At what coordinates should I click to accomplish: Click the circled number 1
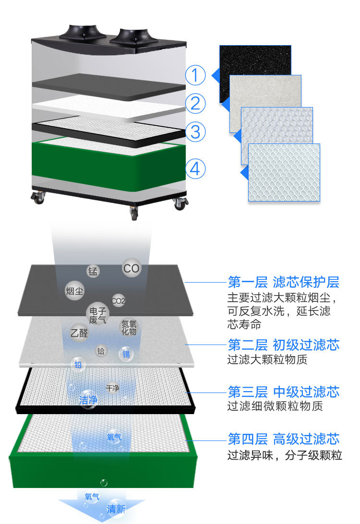point(195,75)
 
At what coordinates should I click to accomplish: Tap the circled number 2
point(195,103)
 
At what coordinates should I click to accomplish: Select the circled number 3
point(195,131)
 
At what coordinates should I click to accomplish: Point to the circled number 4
point(195,168)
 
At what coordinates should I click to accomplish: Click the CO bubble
point(131,268)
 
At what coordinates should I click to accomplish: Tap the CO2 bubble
point(118,301)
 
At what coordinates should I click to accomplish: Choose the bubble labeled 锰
point(93,271)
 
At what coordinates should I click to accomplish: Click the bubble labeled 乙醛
point(79,332)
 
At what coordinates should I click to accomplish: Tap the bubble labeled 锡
point(126,355)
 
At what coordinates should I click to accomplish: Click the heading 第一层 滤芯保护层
point(283,282)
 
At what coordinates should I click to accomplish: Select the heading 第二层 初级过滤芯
point(283,345)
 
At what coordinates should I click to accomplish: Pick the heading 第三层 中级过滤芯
point(283,392)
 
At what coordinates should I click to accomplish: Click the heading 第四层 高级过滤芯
point(283,439)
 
